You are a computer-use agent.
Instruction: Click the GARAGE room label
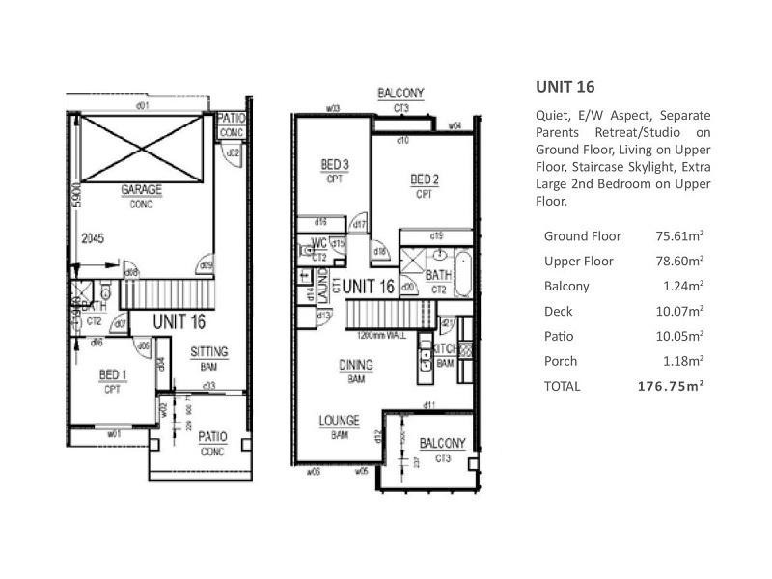[x=141, y=190]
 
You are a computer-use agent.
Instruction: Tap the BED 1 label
[x=112, y=374]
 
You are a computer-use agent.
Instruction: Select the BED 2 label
[x=425, y=179]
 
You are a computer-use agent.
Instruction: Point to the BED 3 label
[x=335, y=166]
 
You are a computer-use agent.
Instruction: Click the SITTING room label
[x=208, y=352]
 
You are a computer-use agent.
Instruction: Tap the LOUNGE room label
[x=339, y=421]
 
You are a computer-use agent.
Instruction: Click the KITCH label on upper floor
[x=444, y=348]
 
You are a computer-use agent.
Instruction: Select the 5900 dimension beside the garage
[x=73, y=203]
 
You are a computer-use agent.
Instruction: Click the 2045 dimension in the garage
[x=93, y=236]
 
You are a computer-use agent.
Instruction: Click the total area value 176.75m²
[x=671, y=386]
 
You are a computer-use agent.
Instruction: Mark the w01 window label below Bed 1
[x=114, y=434]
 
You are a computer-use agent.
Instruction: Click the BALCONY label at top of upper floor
[x=400, y=94]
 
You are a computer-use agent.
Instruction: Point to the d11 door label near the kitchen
[x=429, y=404]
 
